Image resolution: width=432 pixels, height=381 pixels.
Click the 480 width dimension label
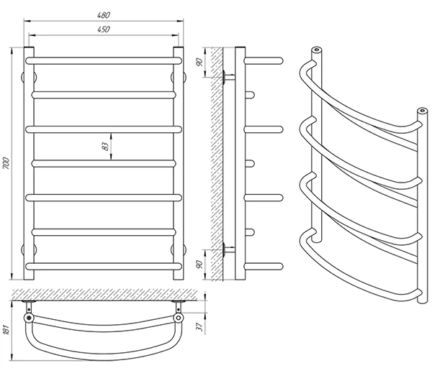click(x=104, y=15)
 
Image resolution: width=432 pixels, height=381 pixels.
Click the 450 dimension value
click(x=104, y=29)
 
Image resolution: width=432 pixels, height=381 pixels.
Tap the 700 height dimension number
click(x=6, y=163)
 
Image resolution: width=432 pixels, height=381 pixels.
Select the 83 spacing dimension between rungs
click(x=105, y=147)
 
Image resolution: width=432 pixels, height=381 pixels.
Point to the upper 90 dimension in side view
click(x=199, y=62)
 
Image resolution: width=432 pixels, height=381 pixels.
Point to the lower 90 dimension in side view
click(x=199, y=265)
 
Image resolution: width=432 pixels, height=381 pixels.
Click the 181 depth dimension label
click(x=6, y=330)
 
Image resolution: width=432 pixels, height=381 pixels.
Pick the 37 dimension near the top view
click(x=199, y=326)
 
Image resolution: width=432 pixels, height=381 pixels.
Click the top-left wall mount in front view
click(x=29, y=78)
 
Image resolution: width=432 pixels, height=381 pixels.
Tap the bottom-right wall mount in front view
click(x=179, y=249)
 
